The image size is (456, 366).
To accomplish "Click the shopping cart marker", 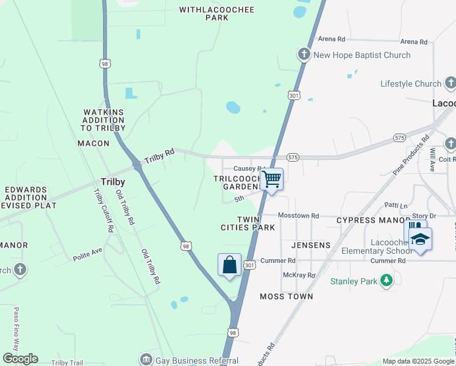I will [x=272, y=180].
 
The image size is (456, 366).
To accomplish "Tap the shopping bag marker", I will [x=229, y=265].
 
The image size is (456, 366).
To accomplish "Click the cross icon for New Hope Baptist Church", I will [x=304, y=55].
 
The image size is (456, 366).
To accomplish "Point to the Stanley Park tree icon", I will [x=385, y=281].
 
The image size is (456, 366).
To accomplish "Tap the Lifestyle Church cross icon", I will [x=450, y=84].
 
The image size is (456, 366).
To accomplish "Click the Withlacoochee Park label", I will [x=204, y=13].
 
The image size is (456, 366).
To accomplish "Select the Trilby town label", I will [x=113, y=182].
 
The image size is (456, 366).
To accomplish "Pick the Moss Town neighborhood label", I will [x=287, y=296].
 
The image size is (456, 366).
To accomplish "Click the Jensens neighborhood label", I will [x=311, y=245].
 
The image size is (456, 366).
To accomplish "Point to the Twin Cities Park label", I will [x=248, y=223].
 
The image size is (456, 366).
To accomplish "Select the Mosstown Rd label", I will [x=298, y=215].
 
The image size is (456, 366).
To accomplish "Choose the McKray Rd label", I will [x=299, y=275].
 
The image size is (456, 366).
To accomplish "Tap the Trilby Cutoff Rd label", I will [x=103, y=210].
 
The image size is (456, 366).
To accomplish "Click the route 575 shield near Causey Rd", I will [x=293, y=157].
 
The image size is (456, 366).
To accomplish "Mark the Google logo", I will [x=20, y=359].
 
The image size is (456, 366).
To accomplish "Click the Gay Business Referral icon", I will [x=146, y=360].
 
